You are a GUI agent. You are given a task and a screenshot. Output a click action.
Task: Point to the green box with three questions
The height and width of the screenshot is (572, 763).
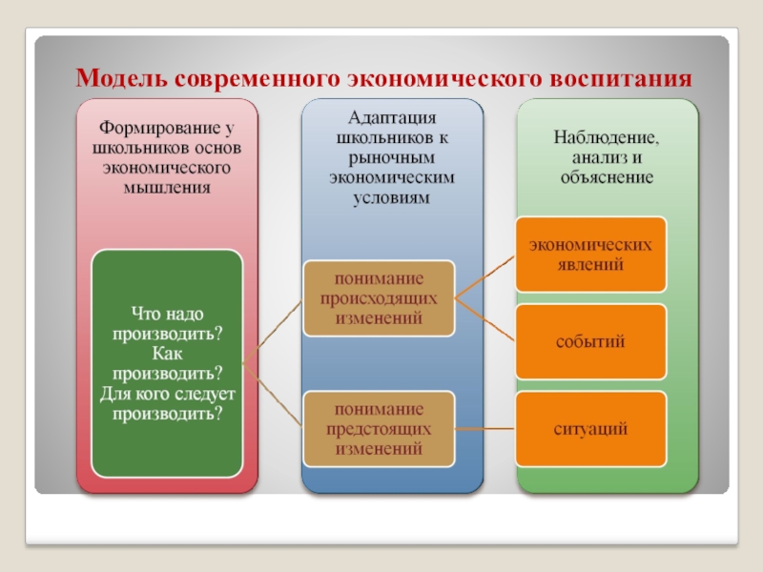click(167, 363)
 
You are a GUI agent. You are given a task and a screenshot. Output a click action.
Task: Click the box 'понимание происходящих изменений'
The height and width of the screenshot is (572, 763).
click(379, 298)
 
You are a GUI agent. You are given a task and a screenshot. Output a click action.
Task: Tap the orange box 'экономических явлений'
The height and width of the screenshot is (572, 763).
click(591, 255)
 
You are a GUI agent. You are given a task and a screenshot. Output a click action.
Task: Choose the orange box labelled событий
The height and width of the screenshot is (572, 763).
click(591, 340)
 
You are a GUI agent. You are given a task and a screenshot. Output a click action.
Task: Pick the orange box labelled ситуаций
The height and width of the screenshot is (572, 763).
click(591, 428)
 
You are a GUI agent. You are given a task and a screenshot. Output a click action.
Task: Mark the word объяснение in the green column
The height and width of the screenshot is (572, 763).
click(607, 177)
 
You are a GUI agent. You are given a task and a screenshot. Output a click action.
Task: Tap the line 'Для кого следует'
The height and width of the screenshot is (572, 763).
click(167, 393)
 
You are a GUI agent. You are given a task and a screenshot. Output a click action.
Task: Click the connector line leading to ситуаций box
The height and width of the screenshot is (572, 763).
click(485, 428)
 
